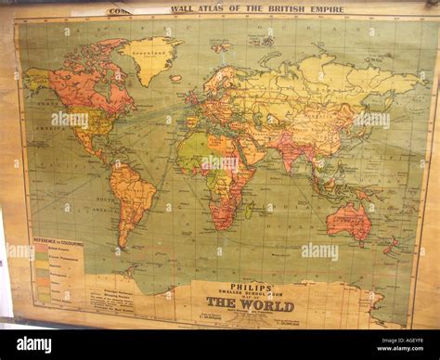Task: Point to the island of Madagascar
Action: pos(249,209)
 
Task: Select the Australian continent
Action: pos(350,222)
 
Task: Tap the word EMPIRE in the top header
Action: pos(325,9)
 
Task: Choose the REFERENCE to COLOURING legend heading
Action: pos(58,242)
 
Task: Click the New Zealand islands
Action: pos(395,245)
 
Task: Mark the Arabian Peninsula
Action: pos(252,148)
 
